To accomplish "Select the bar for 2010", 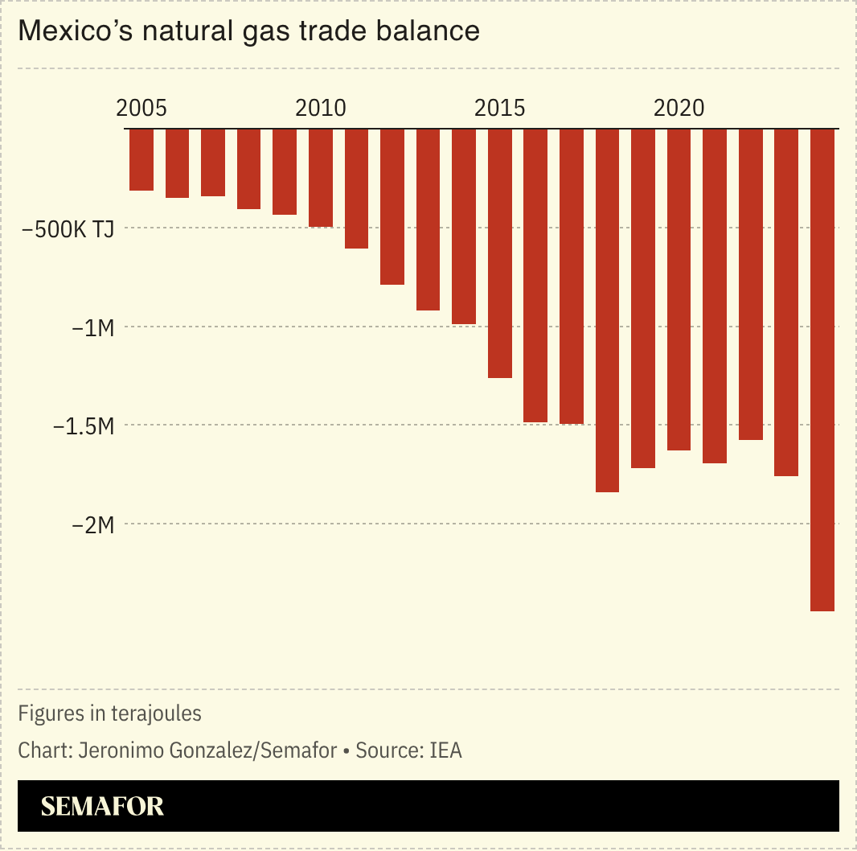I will point(321,178).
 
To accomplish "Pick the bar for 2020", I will point(679,289).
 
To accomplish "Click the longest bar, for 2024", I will point(822,369).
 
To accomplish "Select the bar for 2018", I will point(607,310).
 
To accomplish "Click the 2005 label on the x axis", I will point(141,108).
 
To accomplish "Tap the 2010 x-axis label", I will point(321,108).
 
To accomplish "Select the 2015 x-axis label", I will point(500,108).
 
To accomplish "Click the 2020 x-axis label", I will point(679,108).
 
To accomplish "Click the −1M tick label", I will point(93,327).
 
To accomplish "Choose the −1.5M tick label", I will point(84,426).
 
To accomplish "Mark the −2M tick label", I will point(93,525).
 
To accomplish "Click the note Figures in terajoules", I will point(109,713).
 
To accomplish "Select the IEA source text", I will point(445,751).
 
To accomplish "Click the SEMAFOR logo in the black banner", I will point(102,806).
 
